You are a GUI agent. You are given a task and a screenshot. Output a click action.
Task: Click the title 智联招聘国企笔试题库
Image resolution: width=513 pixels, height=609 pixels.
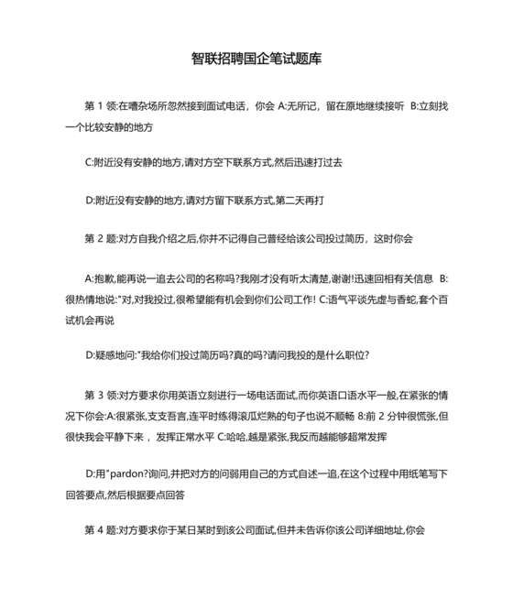tap(256, 58)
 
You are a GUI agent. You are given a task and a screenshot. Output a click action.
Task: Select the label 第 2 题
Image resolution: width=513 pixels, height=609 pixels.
tap(100, 238)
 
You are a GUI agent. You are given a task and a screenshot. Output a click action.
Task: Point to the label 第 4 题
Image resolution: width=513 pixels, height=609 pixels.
tap(100, 530)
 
